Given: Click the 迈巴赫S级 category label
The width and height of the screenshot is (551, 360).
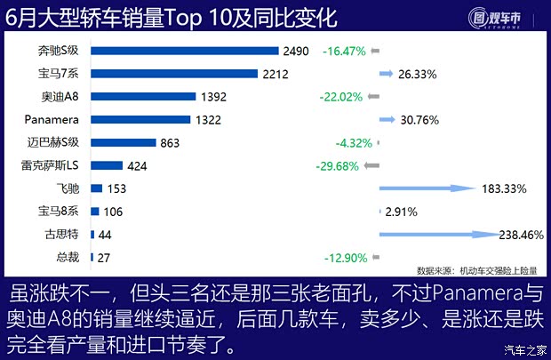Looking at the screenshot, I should coord(54,142).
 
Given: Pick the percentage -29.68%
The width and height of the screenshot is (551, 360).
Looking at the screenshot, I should coord(337,165).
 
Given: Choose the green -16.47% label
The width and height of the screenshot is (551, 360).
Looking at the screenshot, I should coord(344,52).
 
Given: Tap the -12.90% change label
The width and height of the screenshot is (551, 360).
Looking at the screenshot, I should coord(343,257).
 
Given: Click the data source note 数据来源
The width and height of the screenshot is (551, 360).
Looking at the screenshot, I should coord(476,270).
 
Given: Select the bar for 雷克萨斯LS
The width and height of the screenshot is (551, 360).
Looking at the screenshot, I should coord(106,165).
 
